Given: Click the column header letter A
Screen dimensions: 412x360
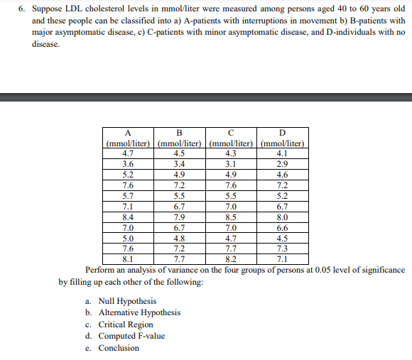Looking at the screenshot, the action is (x=128, y=133).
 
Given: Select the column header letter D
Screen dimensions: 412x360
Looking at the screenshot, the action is (x=283, y=133).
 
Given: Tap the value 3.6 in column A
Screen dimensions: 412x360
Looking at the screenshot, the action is (x=128, y=163).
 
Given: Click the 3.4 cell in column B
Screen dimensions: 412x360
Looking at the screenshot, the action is (x=180, y=163).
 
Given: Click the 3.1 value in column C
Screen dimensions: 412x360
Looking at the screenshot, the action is (x=231, y=163).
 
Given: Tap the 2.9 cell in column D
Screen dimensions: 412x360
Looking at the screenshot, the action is (x=283, y=163).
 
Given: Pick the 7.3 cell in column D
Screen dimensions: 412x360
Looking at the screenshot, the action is (x=283, y=249).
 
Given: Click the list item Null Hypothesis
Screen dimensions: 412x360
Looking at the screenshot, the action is (x=127, y=301).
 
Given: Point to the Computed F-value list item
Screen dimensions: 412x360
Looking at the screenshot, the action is (x=131, y=336).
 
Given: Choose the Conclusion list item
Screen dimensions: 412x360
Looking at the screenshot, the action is (x=119, y=348).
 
